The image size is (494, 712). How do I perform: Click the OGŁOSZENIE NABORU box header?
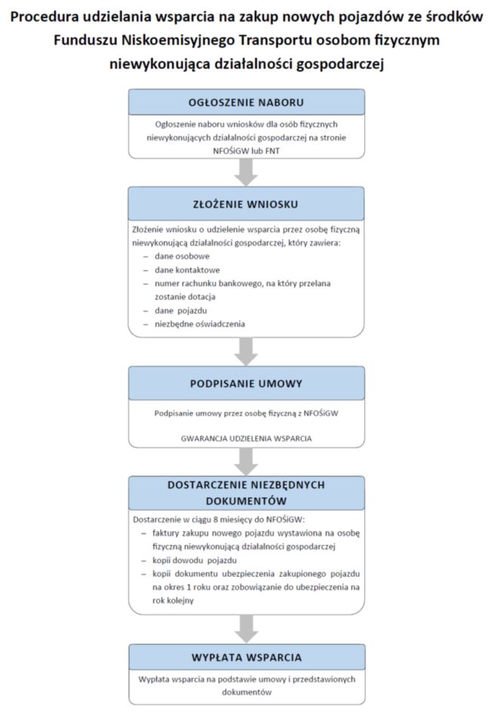point(246,103)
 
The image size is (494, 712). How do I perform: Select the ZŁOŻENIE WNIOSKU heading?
point(246,204)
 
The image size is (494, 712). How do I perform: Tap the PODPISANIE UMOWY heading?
point(246,383)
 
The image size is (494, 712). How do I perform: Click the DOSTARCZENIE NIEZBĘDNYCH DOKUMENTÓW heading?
point(246,492)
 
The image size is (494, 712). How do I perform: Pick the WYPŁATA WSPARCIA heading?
point(246,657)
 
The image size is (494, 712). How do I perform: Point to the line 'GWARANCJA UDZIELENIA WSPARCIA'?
point(246,437)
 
